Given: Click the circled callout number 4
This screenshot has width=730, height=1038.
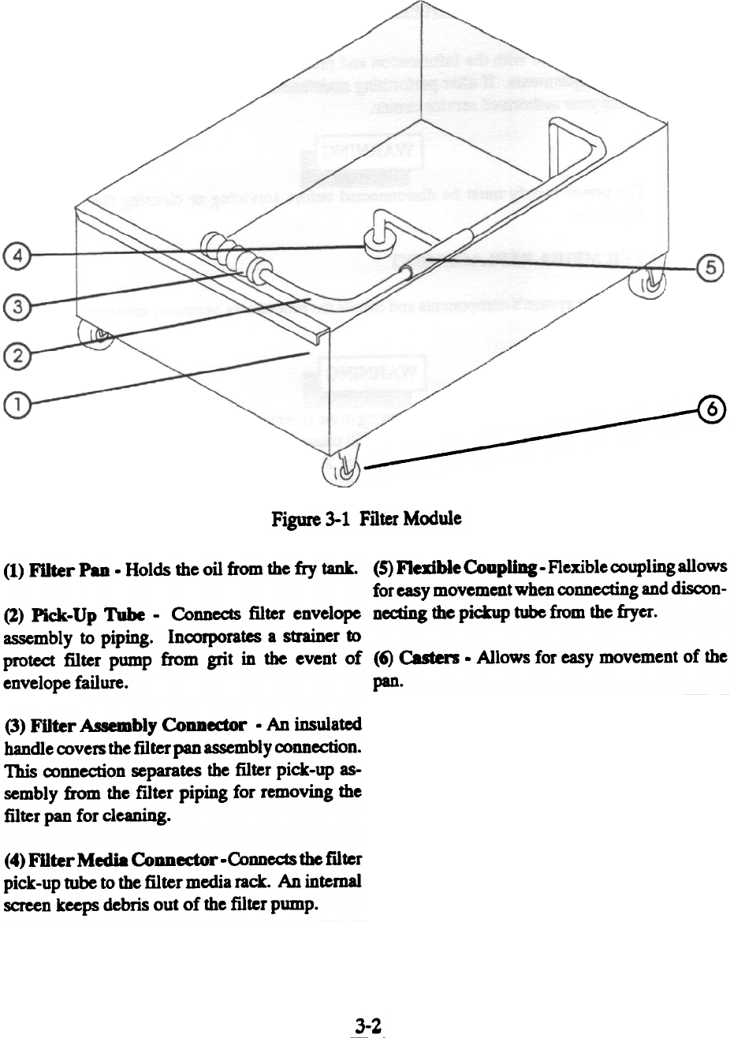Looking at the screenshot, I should (x=13, y=256).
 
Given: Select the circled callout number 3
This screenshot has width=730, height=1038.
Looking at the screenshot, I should (x=13, y=304).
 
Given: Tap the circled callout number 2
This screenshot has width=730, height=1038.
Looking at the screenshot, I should (x=13, y=356).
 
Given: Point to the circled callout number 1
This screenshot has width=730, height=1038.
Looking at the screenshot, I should (x=13, y=405).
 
